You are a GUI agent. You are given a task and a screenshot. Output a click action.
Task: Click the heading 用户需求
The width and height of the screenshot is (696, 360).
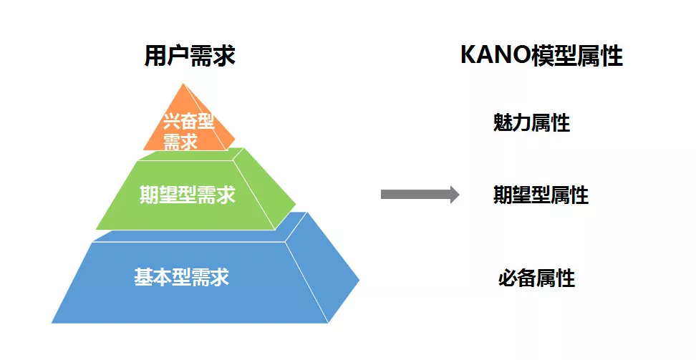[190, 56]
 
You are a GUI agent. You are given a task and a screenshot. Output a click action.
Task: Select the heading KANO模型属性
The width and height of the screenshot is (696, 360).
[541, 56]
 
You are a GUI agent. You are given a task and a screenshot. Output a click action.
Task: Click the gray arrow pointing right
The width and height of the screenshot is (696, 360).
[420, 194]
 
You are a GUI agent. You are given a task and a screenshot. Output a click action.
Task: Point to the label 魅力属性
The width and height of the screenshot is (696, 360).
[531, 122]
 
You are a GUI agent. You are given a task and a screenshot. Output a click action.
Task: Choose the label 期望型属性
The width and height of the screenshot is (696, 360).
[541, 195]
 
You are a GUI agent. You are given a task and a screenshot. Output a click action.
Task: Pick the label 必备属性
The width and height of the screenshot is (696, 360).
[536, 278]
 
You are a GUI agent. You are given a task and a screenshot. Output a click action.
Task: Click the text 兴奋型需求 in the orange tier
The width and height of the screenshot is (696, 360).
[188, 130]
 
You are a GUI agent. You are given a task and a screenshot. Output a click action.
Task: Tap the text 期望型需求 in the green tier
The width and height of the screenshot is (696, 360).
[188, 194]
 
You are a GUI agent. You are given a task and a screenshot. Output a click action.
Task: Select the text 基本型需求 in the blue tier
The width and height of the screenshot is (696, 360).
[182, 277]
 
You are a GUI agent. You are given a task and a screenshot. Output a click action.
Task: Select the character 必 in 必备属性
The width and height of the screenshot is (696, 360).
[508, 278]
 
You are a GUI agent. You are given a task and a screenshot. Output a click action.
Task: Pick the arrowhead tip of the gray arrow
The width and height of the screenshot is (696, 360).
[458, 194]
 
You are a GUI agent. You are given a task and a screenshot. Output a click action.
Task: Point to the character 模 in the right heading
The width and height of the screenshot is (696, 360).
[543, 56]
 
